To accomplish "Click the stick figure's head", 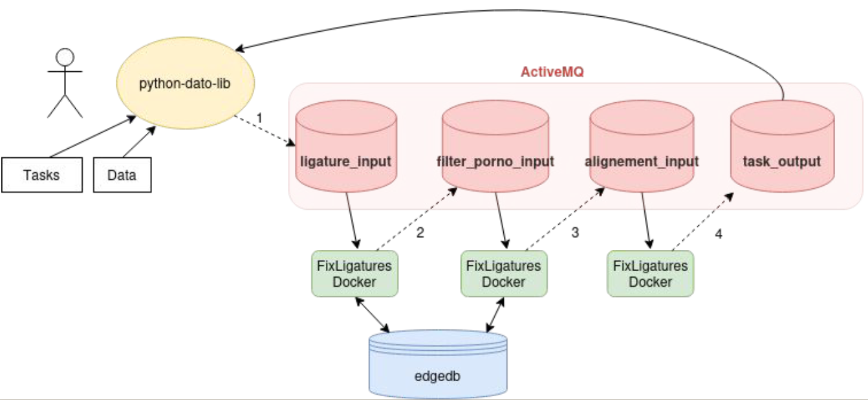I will coord(65,58).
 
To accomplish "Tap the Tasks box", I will coord(42,175).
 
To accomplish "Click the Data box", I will coord(123,175).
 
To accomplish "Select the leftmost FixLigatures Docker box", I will coord(354,274).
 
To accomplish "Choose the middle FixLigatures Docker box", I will coord(503,274).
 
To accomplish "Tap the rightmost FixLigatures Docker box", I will coord(650,274).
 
